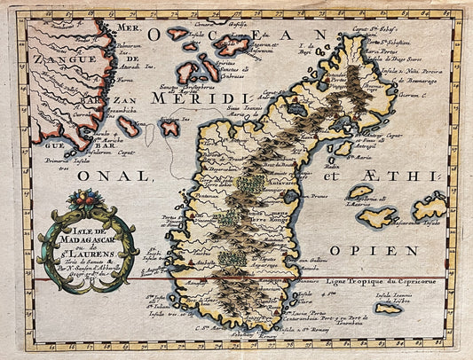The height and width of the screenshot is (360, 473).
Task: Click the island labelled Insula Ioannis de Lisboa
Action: [x=389, y=308]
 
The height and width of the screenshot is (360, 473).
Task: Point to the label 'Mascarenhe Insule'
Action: [x=401, y=224]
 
